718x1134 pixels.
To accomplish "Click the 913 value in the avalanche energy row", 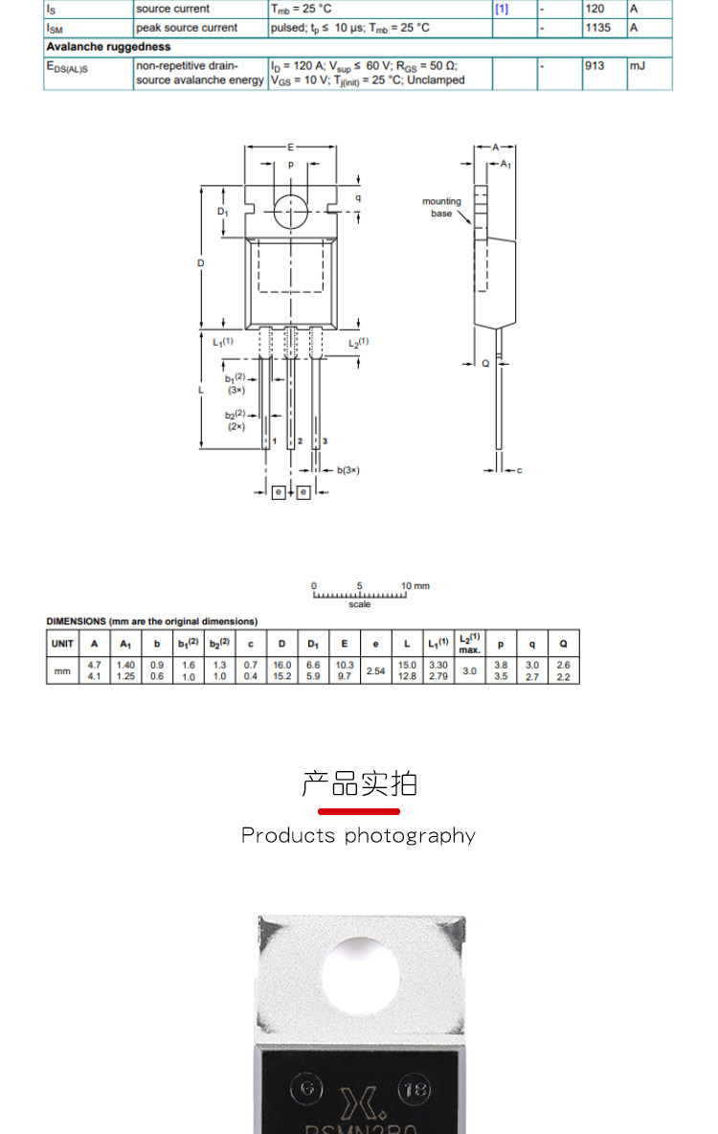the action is (595, 66).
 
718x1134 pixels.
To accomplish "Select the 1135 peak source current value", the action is (597, 28).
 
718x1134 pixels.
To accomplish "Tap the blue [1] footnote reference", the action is (502, 9).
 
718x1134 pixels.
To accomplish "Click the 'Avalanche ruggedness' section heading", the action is (109, 46).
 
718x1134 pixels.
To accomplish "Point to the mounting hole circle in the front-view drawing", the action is (291, 211).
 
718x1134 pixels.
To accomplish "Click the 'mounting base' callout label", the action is (441, 207).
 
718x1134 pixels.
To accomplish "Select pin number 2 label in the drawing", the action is (300, 442).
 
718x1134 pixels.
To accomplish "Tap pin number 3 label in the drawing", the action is (325, 442).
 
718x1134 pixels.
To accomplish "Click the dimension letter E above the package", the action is (291, 147).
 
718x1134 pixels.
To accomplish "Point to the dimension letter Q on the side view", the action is (485, 364).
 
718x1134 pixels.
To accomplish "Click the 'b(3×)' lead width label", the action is (348, 470).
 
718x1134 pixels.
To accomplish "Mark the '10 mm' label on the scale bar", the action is (415, 585).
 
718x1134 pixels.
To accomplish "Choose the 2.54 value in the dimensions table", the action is (375, 670).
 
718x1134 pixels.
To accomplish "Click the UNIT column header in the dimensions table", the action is (62, 644).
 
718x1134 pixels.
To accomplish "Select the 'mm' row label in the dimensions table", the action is (62, 670).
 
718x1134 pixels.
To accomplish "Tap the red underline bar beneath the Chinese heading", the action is (359, 811).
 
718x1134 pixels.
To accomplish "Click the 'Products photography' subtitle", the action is (358, 835).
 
